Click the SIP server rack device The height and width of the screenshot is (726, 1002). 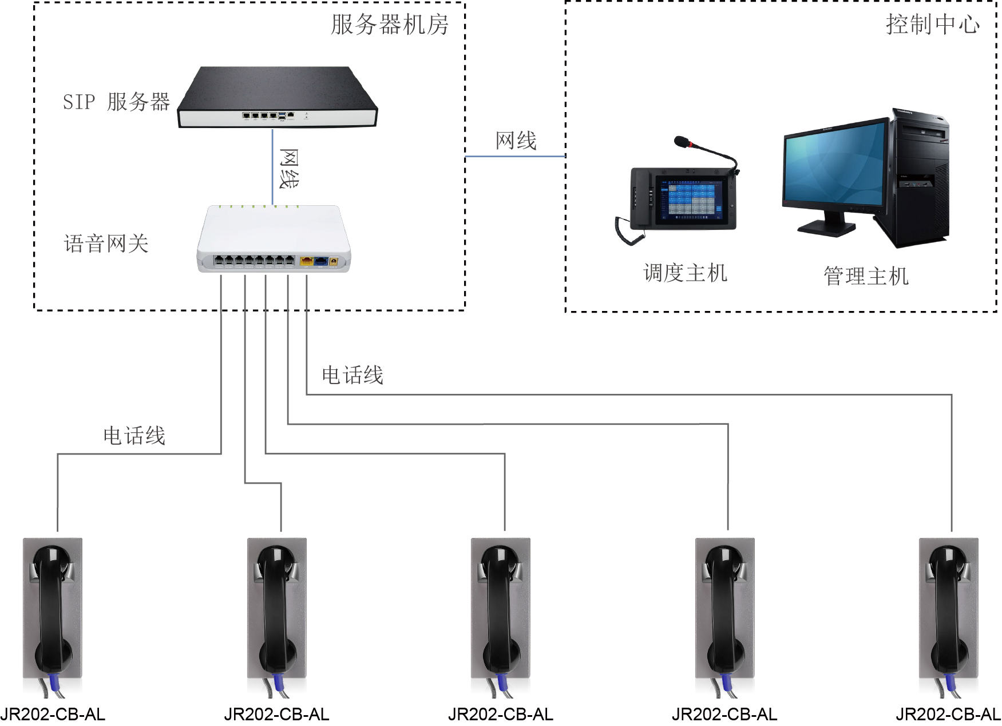click(x=278, y=97)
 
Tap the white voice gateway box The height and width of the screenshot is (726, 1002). click(x=274, y=239)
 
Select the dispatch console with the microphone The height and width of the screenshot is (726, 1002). click(x=681, y=197)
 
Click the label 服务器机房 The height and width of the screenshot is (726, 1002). click(x=390, y=25)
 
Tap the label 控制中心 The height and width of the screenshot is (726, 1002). click(x=933, y=24)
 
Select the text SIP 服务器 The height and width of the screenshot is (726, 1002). click(x=116, y=102)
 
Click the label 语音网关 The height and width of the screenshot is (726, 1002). click(x=106, y=244)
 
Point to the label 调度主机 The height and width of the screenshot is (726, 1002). click(x=685, y=273)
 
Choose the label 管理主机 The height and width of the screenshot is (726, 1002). click(x=866, y=276)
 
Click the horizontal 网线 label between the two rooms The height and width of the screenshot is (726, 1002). click(x=516, y=141)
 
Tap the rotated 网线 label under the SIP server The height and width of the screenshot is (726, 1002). click(x=289, y=169)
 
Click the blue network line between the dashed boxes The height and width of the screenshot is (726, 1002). click(x=515, y=156)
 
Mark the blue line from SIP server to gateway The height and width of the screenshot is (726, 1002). click(x=273, y=166)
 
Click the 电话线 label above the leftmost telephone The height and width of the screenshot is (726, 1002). click(x=134, y=436)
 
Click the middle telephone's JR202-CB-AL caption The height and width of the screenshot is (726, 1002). click(x=501, y=715)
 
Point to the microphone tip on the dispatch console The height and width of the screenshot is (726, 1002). click(x=682, y=141)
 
